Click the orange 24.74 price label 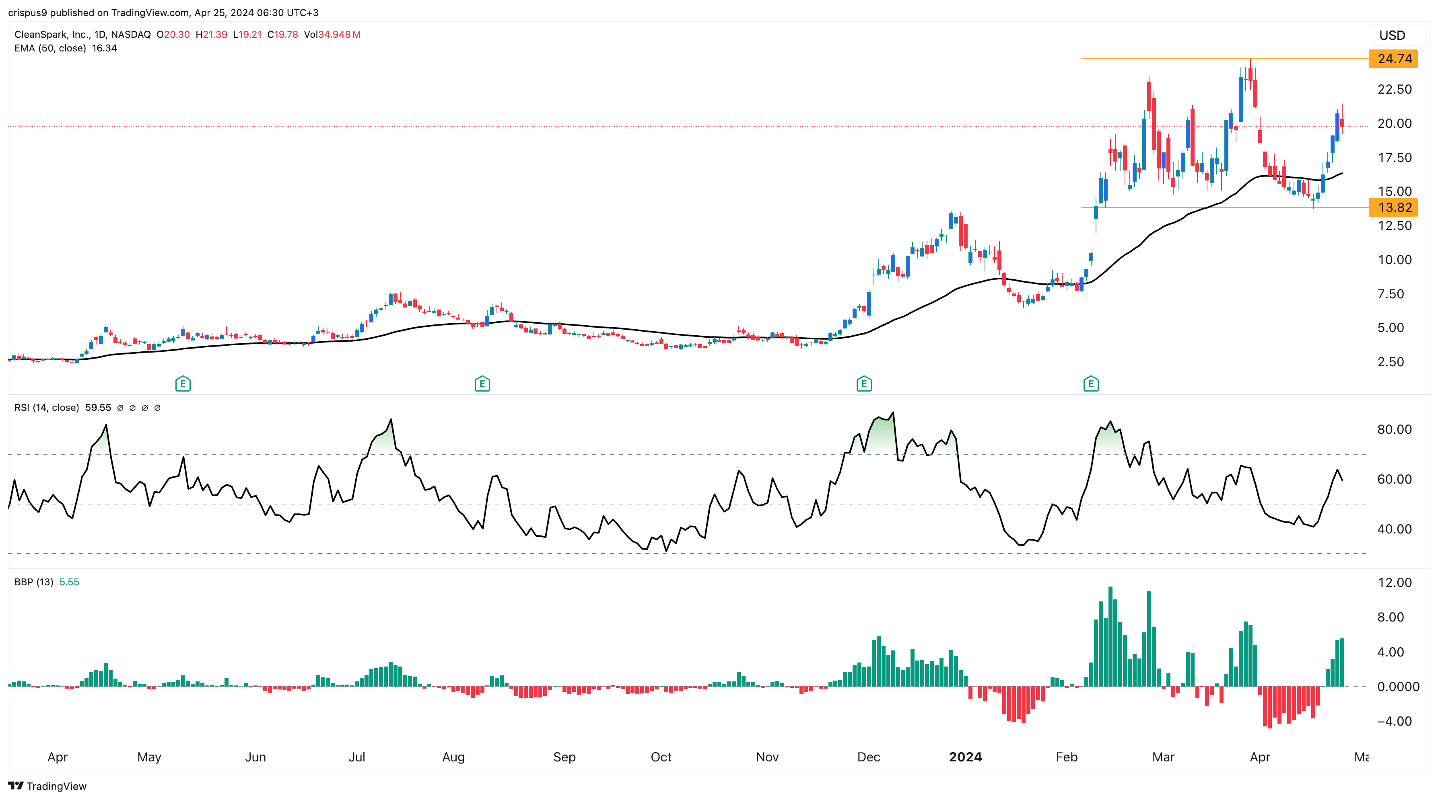1393,59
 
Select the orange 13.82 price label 1393,207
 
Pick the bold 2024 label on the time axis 965,757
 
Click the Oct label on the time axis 661,757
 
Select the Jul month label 357,757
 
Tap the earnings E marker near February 1091,384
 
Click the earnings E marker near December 863,384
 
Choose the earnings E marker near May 183,384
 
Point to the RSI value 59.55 98,408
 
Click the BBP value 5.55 69,582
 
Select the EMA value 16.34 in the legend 104,48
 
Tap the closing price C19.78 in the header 282,35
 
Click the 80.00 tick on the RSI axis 1394,430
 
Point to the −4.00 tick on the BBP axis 1393,721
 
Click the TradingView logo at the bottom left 47,786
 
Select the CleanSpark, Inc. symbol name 52,35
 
